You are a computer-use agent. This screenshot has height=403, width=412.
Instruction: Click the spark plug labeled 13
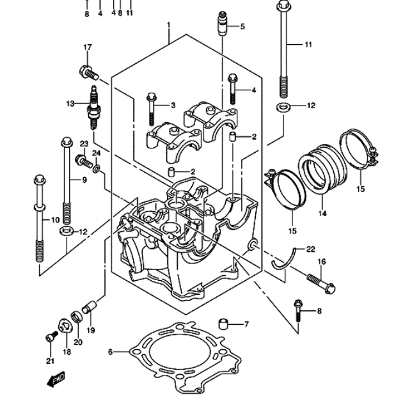click(x=93, y=107)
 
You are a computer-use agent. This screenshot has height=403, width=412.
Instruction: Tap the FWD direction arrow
click(x=56, y=379)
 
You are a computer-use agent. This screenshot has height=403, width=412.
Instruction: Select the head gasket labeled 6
click(x=185, y=358)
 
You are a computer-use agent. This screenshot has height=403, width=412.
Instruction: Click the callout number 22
click(x=310, y=249)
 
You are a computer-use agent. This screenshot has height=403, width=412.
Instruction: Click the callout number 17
click(x=88, y=47)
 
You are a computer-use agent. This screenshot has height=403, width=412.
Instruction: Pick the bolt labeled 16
click(x=321, y=284)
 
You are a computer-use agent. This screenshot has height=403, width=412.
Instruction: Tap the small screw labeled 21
click(x=51, y=336)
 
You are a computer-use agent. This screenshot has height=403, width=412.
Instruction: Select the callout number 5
click(x=242, y=26)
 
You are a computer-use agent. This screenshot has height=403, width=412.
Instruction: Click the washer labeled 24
click(x=96, y=169)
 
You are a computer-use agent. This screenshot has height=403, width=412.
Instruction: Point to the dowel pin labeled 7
click(x=223, y=324)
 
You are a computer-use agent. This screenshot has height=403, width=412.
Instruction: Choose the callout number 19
click(x=91, y=330)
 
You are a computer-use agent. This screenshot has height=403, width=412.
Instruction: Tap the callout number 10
click(x=55, y=219)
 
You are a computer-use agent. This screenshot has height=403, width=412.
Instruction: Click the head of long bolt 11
click(x=283, y=4)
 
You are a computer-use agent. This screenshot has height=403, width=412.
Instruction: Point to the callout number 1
click(x=169, y=25)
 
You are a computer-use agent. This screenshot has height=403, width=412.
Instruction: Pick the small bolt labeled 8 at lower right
click(x=298, y=310)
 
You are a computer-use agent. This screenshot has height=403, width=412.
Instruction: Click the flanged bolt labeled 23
click(x=84, y=161)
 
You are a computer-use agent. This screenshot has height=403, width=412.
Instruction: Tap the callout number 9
click(x=84, y=180)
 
